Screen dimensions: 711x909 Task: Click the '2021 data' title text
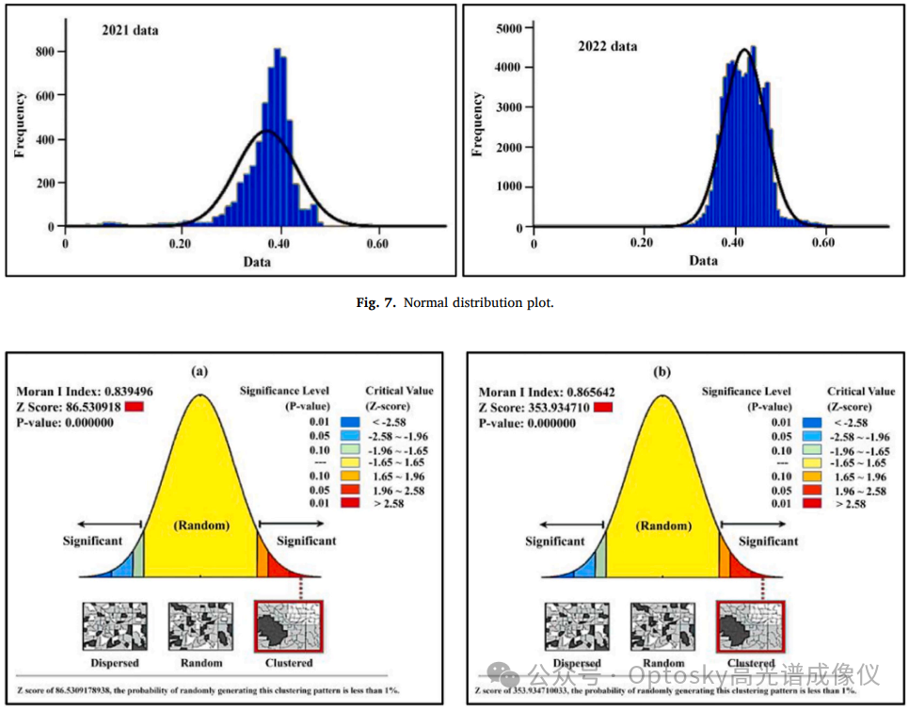130,30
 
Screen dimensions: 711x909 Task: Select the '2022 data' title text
608,46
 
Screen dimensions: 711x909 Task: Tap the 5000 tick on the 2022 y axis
508,29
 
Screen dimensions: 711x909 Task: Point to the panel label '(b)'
662,372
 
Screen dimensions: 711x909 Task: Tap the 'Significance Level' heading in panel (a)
283,390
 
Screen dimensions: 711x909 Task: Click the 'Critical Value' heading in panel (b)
861,391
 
